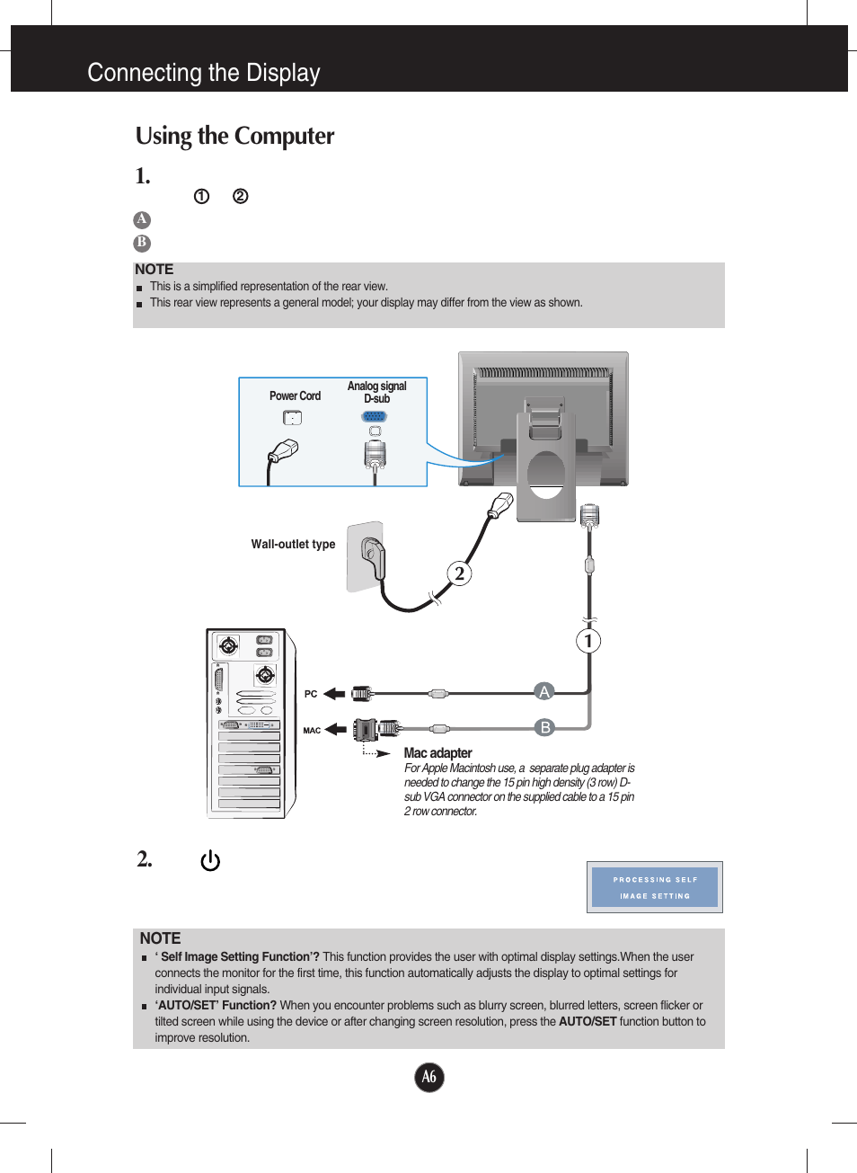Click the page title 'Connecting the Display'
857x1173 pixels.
(203, 73)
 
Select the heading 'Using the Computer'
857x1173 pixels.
(234, 136)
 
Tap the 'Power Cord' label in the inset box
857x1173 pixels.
(295, 395)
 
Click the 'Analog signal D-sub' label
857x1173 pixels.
(376, 392)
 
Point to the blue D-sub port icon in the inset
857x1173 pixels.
(375, 416)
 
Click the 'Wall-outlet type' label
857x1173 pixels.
(293, 545)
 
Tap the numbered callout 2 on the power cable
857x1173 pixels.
(460, 573)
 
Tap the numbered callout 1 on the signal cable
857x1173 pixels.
(588, 641)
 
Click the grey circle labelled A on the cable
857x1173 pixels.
(543, 691)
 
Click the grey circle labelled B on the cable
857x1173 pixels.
(544, 727)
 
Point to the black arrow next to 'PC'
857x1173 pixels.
(334, 693)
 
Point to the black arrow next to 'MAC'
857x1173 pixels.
(336, 729)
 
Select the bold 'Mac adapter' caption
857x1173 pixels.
(437, 753)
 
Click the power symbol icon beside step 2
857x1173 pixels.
(210, 861)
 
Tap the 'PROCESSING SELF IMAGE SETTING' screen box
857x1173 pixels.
(654, 887)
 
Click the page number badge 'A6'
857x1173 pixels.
(429, 1077)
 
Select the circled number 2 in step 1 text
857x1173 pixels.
(240, 196)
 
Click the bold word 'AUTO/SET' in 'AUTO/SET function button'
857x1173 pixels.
(588, 1022)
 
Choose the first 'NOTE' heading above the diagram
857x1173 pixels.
(154, 270)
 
